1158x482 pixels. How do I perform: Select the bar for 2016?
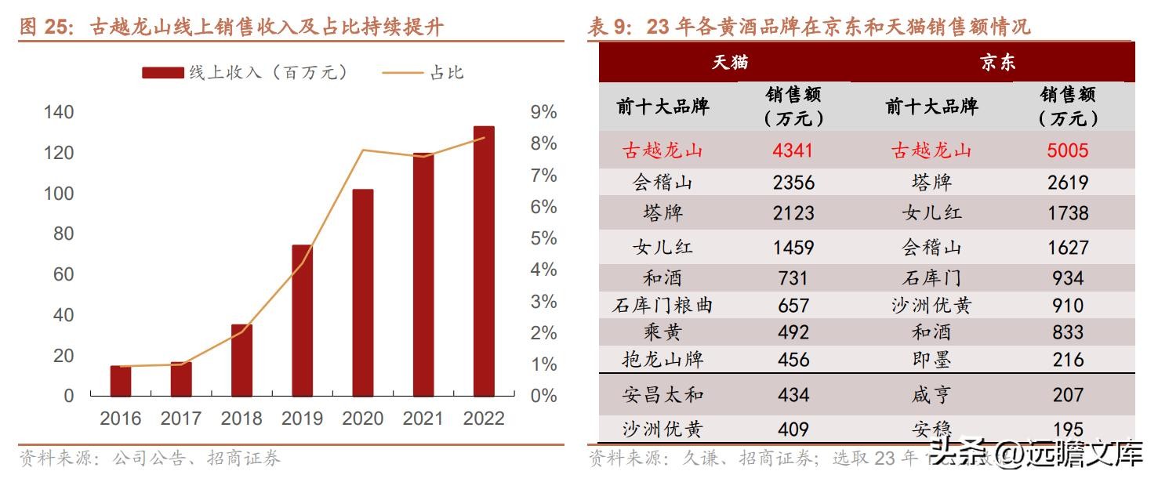click(121, 381)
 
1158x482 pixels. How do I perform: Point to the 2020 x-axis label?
click(363, 419)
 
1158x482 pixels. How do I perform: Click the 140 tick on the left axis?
click(59, 112)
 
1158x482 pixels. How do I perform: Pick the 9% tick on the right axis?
click(543, 112)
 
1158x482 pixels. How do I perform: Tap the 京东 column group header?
click(997, 63)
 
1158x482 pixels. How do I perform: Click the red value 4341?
click(793, 150)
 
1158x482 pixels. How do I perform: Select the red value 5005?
click(1067, 150)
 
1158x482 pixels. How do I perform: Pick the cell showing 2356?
click(793, 183)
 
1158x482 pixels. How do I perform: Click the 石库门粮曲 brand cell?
click(662, 305)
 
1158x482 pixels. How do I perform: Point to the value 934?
click(1067, 278)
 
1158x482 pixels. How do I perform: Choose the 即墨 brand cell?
click(931, 360)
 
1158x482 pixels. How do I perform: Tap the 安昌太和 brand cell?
click(662, 395)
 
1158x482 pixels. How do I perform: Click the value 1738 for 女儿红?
click(1067, 213)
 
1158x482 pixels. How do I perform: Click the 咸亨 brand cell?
click(931, 395)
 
